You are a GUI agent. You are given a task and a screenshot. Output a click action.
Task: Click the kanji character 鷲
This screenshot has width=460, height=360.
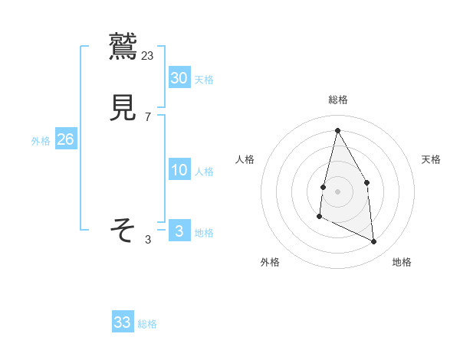123,47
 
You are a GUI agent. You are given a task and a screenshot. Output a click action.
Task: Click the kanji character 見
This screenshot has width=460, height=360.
123,108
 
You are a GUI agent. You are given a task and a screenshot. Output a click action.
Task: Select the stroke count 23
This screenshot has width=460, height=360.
148,55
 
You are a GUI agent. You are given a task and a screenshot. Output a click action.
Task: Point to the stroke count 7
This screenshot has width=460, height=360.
148,116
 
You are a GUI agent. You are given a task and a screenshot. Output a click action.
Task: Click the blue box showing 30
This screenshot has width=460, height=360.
179,78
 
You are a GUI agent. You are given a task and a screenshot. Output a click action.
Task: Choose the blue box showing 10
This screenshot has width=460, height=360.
179,170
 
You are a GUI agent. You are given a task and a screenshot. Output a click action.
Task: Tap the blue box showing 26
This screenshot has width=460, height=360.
65,139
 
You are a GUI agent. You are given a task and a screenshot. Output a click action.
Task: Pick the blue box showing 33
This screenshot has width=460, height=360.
123,322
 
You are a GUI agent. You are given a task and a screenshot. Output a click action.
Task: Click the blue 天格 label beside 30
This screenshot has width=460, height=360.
204,80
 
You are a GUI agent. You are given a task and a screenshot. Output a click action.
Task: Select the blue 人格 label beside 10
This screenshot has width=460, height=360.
204,172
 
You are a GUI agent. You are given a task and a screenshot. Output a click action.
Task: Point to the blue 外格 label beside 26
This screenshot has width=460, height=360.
41,141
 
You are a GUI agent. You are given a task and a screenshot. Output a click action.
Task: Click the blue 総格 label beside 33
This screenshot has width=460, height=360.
147,324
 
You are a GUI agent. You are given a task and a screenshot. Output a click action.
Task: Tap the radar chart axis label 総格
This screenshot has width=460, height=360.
337,100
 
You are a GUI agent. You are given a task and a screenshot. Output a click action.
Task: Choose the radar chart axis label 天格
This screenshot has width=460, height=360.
432,159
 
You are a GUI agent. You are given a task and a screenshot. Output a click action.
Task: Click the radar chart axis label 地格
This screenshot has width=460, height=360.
402,263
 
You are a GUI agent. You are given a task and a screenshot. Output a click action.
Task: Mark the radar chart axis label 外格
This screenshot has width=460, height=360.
270,263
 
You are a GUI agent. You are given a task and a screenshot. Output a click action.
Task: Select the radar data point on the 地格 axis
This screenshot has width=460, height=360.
374,241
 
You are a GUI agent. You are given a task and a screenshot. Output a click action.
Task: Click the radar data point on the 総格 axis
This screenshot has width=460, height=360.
337,130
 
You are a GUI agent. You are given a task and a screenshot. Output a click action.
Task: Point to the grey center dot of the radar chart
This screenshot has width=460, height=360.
337,190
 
